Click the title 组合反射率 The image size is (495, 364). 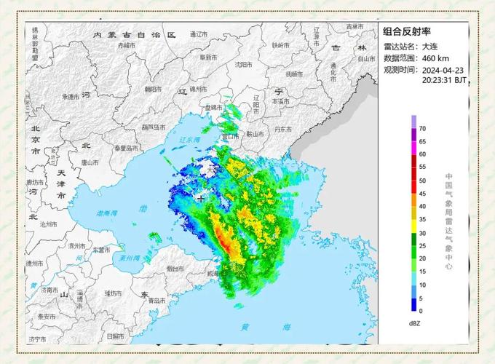pos(408,31)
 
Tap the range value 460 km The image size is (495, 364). pos(434,58)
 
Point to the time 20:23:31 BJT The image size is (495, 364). pos(445,81)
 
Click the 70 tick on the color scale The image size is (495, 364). pos(422,129)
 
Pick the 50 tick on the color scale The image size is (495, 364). pos(422,181)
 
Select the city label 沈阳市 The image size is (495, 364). pos(243,64)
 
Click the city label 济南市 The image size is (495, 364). pos(49,289)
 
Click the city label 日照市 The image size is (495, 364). pos(116,336)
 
